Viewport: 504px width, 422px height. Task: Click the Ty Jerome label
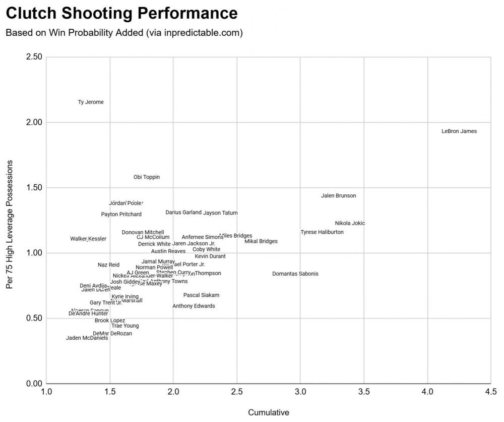point(91,102)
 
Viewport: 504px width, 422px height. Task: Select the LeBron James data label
point(459,132)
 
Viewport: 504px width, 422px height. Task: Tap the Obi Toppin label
point(146,177)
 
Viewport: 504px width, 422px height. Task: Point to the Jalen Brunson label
point(338,196)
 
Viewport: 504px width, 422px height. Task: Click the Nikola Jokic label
point(350,224)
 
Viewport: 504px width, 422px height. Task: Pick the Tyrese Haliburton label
point(322,232)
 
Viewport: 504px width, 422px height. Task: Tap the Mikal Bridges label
point(261,242)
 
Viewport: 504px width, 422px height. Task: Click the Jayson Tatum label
point(220,213)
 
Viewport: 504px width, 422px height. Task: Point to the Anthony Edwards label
point(194,306)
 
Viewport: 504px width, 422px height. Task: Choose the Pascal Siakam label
point(201,295)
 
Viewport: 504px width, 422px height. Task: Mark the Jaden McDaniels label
point(87,338)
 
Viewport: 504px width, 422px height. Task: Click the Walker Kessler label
point(88,239)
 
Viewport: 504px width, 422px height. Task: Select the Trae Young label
point(125,326)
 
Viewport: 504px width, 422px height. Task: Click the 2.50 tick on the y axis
point(33,57)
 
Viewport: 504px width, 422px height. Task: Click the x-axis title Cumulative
point(269,412)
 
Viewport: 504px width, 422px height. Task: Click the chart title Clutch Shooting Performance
point(121,14)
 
